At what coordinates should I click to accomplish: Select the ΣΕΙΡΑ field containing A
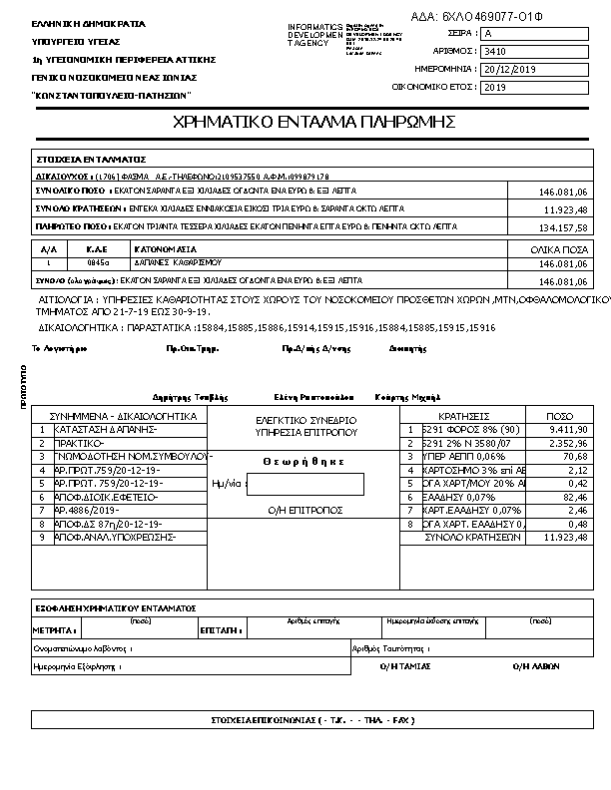pos(534,34)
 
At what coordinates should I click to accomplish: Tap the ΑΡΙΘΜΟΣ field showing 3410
pos(534,52)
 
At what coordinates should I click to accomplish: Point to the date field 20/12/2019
pos(534,70)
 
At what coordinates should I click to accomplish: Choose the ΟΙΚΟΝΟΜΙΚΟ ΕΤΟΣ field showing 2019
pos(534,88)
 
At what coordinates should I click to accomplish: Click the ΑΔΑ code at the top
pos(477,16)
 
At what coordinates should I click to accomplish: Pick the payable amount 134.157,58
pos(565,228)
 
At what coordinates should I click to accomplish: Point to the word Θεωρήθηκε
pos(304,461)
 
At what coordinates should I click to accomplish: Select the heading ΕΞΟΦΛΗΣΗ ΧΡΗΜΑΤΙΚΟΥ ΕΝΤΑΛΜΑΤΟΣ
pos(115,607)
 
